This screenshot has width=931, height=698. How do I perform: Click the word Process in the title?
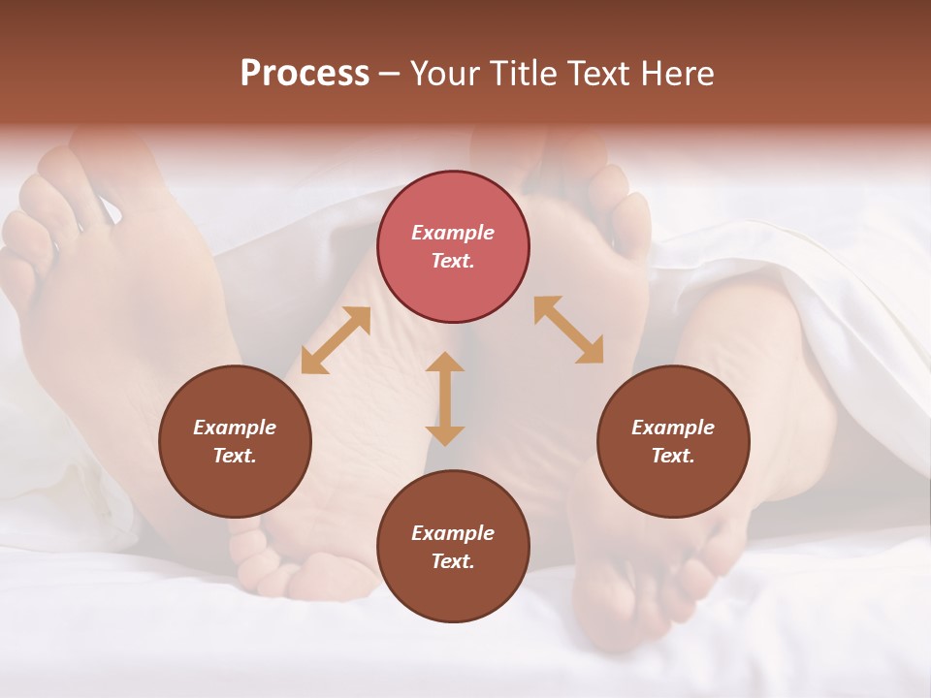tap(305, 74)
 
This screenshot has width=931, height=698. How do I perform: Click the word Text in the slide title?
tap(601, 74)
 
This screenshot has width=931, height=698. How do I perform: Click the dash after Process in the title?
tap(389, 75)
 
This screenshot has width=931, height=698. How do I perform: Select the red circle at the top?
tap(453, 246)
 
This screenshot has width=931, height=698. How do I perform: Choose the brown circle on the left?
tap(235, 441)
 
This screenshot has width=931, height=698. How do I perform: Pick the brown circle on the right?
tap(673, 441)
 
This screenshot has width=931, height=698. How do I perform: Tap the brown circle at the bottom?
tap(453, 547)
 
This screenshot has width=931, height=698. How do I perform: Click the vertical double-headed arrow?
tap(445, 398)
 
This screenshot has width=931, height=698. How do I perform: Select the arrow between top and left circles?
tap(336, 340)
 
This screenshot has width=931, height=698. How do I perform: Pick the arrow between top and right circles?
tap(569, 330)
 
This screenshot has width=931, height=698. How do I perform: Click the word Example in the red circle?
tap(453, 233)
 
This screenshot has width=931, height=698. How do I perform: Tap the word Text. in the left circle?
tap(235, 456)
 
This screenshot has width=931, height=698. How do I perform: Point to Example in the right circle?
tap(673, 428)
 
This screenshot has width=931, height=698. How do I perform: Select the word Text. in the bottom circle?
tap(453, 561)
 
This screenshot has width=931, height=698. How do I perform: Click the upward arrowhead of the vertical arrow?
tap(445, 362)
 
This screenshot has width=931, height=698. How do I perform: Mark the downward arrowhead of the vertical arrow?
tap(445, 435)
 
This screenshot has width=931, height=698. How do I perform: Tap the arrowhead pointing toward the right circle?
tap(591, 351)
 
